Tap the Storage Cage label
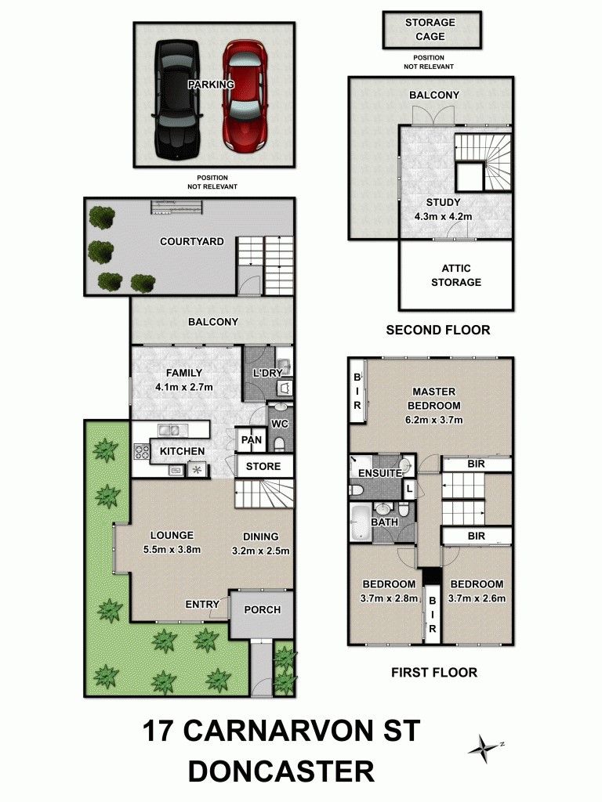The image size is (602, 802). [430, 29]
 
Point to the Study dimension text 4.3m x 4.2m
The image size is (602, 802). [444, 216]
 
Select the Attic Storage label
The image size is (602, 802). [456, 275]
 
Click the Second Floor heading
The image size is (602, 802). [438, 330]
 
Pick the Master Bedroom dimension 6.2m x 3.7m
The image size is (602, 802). [433, 420]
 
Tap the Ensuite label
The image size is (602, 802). [380, 473]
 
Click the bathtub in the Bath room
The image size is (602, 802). [361, 522]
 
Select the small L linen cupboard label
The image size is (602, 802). [409, 489]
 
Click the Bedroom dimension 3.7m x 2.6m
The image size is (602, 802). [477, 598]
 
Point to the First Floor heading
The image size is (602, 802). [434, 672]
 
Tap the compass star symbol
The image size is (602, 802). [484, 748]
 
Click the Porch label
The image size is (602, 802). [262, 609]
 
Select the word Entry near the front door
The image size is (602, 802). [202, 605]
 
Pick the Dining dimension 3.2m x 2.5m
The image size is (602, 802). [260, 551]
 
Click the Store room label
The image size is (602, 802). [263, 467]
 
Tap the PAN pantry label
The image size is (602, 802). [252, 440]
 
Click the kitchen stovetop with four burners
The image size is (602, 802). [141, 452]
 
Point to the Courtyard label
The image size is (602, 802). [191, 241]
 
